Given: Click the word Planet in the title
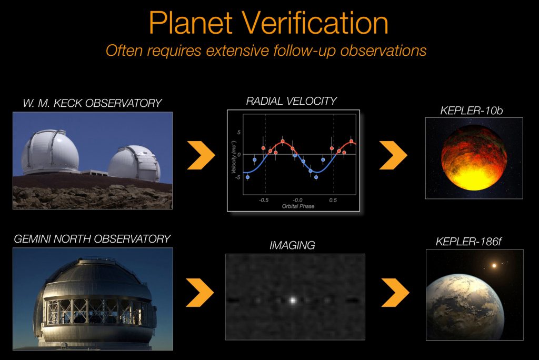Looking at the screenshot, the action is [191, 23].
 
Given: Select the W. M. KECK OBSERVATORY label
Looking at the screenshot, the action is [92, 103].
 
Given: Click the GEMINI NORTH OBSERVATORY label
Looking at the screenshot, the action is [92, 238].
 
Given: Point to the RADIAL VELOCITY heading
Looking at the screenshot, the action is [292, 101].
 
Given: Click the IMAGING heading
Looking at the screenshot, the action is [292, 245].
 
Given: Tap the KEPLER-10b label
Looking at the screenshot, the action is [472, 111].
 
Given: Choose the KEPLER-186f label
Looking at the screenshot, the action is [469, 242].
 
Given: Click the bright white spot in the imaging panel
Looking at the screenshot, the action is [293, 300].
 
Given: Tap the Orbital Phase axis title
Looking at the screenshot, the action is [298, 206].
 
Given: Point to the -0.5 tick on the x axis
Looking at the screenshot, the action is [264, 200].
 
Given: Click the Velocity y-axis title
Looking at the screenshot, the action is [234, 157].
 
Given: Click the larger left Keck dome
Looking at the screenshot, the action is [50, 152].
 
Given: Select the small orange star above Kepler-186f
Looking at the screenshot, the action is [494, 265].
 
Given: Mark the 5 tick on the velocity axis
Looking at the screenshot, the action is [239, 133].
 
